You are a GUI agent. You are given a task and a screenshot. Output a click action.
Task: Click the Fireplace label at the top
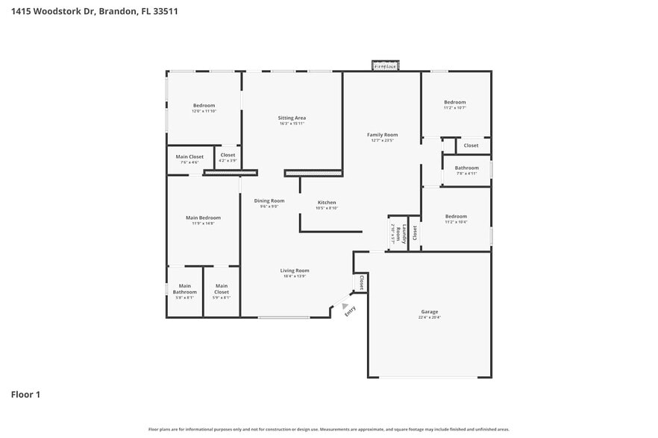click(x=386, y=66)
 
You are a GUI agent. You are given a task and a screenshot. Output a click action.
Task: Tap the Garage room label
click(x=429, y=312)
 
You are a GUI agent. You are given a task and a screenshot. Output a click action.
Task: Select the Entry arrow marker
click(x=345, y=305)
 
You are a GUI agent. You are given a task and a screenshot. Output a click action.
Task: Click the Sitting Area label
click(x=292, y=118)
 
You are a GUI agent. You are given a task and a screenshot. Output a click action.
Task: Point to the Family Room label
click(x=382, y=135)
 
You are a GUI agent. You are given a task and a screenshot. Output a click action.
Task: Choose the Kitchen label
click(x=327, y=203)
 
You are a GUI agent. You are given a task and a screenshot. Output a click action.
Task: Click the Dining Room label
click(x=269, y=200)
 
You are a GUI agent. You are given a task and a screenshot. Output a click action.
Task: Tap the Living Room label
click(x=295, y=270)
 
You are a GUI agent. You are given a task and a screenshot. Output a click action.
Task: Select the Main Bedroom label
click(x=203, y=218)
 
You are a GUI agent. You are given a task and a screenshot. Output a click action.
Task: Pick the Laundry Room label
click(x=403, y=234)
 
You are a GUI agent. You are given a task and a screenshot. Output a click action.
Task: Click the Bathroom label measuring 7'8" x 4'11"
click(x=466, y=168)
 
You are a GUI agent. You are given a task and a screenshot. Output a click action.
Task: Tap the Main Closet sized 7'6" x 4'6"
click(x=189, y=157)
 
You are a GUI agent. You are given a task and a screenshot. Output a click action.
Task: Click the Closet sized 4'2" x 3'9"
click(x=228, y=156)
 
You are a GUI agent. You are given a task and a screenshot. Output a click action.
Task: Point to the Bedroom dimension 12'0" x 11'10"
click(x=204, y=111)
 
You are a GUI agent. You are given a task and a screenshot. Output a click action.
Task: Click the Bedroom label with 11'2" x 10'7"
click(x=455, y=102)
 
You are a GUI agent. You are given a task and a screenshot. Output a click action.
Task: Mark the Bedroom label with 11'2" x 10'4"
click(x=455, y=217)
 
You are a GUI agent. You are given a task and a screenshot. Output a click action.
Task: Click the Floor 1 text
click(x=25, y=394)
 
